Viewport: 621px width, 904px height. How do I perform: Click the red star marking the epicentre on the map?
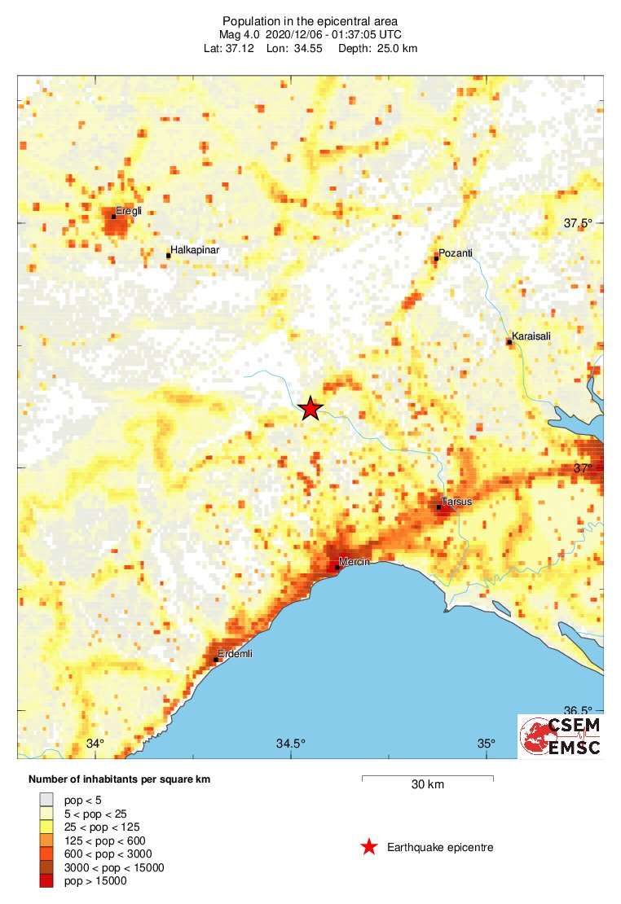tap(310, 408)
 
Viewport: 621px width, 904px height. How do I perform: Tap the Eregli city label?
tap(130, 211)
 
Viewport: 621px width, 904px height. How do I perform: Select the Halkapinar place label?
tap(194, 251)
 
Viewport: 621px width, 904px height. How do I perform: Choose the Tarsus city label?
tap(456, 502)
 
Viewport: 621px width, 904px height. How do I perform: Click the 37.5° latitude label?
tap(581, 223)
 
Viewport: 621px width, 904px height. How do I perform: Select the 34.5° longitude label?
tap(291, 744)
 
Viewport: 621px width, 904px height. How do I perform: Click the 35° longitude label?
tap(487, 744)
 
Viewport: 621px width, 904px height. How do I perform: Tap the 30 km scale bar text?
tap(427, 785)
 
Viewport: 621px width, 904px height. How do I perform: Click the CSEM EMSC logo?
tap(561, 736)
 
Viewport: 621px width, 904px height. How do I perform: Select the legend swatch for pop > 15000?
tap(46, 880)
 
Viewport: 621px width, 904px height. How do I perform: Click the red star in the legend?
tap(369, 848)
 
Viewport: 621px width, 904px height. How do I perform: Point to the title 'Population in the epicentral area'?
tap(310, 20)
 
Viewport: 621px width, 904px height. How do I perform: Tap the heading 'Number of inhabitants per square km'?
tap(119, 779)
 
